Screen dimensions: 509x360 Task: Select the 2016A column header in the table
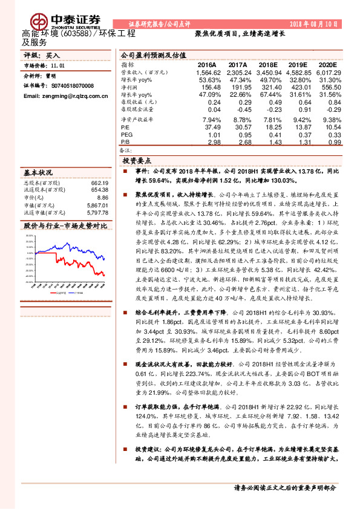click(206, 63)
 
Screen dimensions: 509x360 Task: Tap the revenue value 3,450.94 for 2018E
click(268, 71)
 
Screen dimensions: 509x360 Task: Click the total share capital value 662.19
click(99, 182)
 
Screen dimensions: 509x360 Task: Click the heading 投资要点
click(137, 161)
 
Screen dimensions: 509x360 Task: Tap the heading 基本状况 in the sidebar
click(38, 172)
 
